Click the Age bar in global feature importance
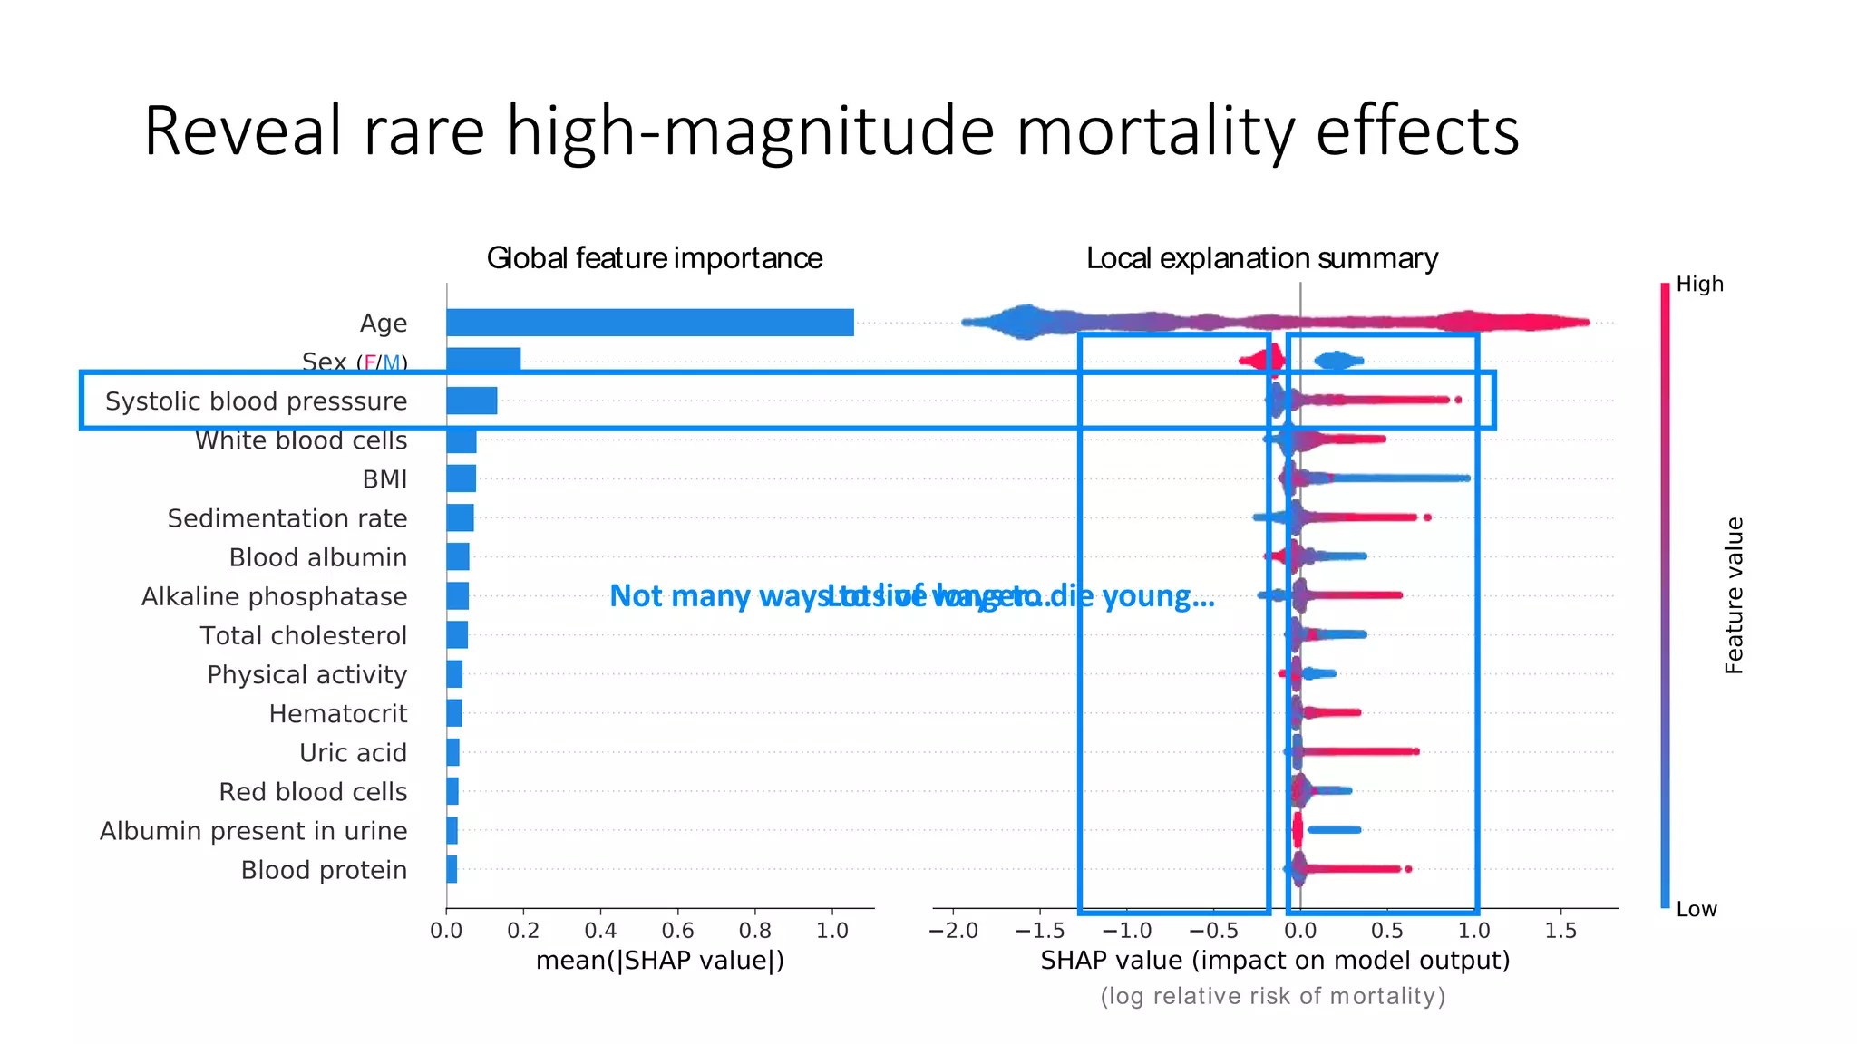(649, 323)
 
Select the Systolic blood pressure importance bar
(472, 401)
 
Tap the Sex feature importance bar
(483, 360)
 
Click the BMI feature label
(384, 479)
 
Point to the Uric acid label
(353, 753)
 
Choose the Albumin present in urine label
(253, 831)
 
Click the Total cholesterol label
(303, 636)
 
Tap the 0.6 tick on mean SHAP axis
(677, 931)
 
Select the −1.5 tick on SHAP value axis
(1039, 931)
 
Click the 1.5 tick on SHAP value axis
(1560, 931)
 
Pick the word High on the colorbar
(1699, 285)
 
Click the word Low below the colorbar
(1696, 910)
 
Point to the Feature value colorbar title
(1734, 595)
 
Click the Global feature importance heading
(654, 258)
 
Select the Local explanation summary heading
(1261, 258)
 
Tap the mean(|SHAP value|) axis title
(659, 961)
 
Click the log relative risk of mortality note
(1272, 997)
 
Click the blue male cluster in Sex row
(1337, 362)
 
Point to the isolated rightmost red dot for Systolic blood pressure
(1458, 400)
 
